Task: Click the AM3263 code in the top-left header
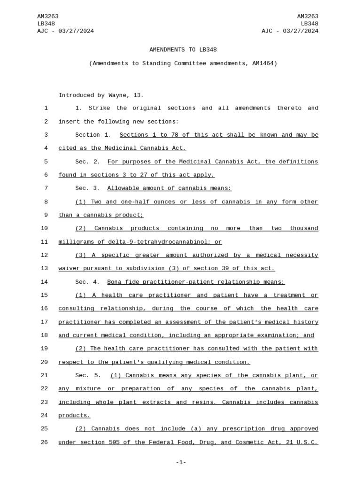coord(47,16)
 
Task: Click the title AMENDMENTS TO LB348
coord(183,50)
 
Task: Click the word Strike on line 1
coord(99,108)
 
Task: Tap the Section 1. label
coord(93,135)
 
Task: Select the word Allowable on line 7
coord(122,188)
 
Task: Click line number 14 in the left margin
coord(44,282)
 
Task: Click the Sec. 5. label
coord(88,375)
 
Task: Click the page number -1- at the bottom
coord(181,463)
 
